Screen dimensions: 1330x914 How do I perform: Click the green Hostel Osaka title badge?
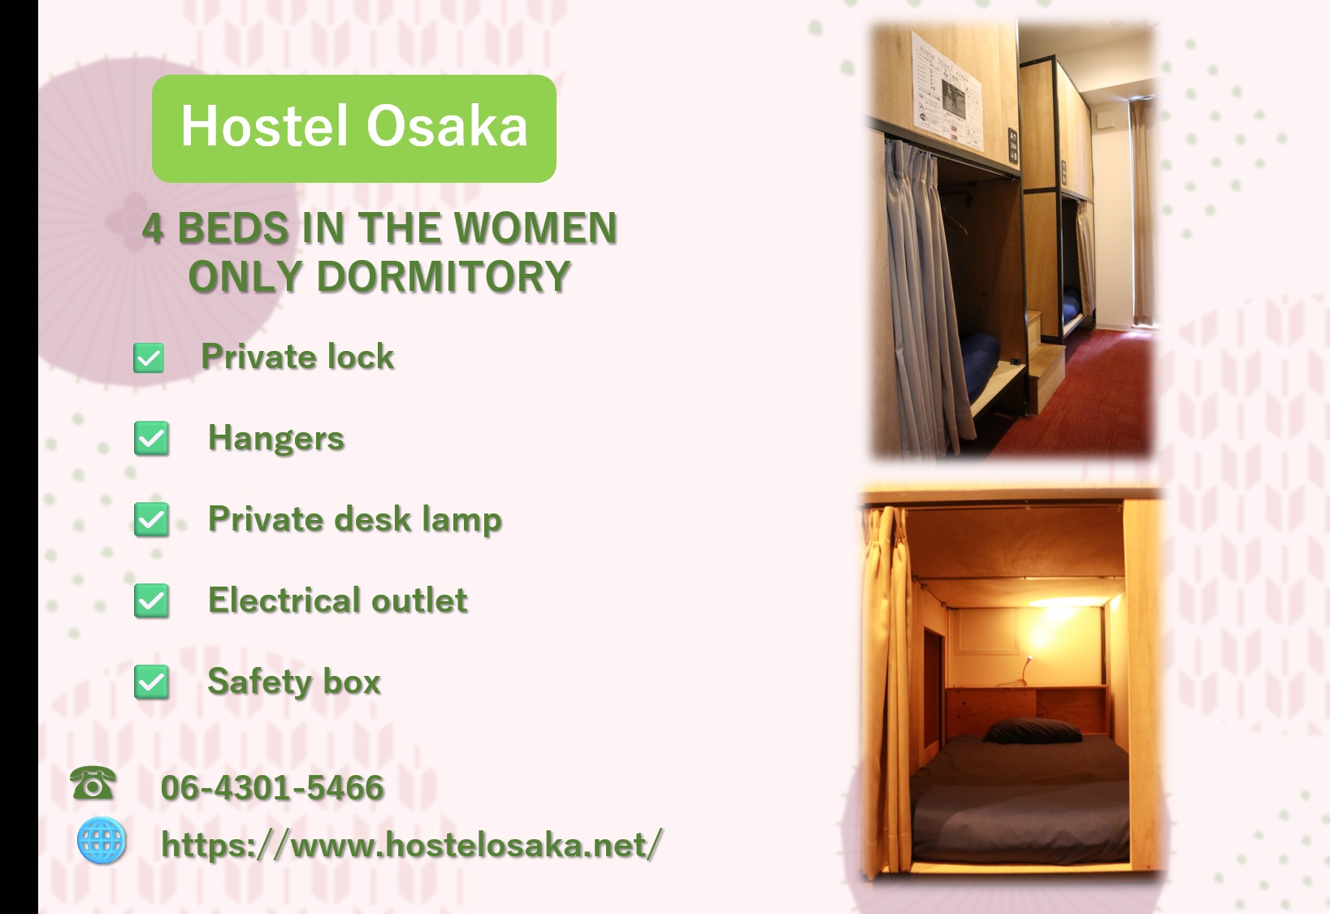click(354, 128)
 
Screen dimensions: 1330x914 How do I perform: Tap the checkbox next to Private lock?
click(149, 357)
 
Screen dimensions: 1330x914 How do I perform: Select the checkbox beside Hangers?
click(151, 438)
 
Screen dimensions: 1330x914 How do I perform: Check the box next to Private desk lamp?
click(151, 520)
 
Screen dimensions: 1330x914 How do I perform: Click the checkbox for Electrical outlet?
click(151, 600)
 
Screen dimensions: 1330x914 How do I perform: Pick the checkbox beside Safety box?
click(151, 682)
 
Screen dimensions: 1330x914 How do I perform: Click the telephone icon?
click(93, 782)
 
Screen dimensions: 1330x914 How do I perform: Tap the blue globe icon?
click(102, 840)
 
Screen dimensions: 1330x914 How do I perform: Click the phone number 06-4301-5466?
click(272, 787)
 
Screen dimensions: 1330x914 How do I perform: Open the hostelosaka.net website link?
click(411, 844)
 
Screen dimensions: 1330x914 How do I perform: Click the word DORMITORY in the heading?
click(444, 277)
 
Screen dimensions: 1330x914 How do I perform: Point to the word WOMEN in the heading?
click(536, 228)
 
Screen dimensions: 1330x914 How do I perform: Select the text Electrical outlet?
click(337, 600)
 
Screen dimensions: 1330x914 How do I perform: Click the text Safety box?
click(294, 682)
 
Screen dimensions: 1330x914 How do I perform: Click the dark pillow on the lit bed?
click(1032, 731)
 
